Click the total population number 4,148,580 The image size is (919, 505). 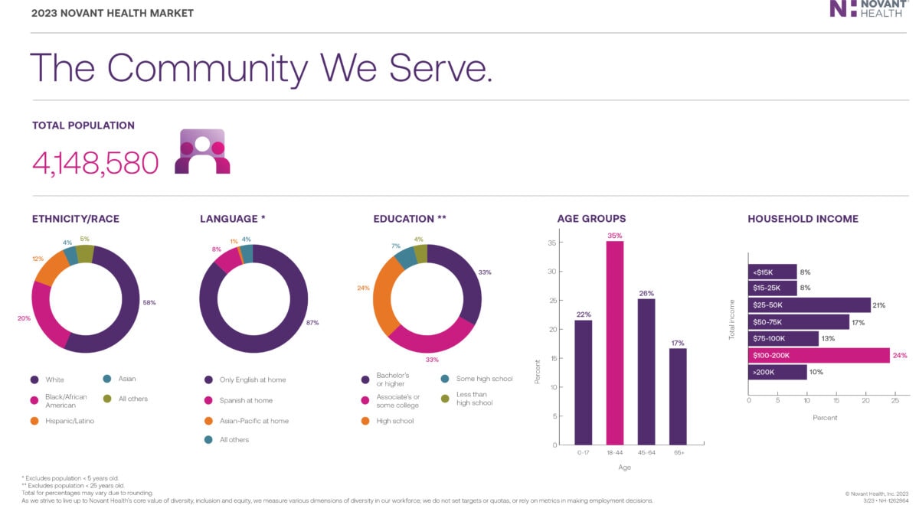click(x=96, y=162)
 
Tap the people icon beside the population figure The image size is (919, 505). click(x=202, y=151)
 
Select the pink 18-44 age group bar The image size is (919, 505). click(x=614, y=342)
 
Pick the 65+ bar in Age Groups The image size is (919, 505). click(x=677, y=396)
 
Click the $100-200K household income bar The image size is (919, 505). click(x=818, y=355)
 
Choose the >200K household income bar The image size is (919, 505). click(x=777, y=372)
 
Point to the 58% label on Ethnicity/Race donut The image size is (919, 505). click(x=149, y=302)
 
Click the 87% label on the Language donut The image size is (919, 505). click(x=312, y=323)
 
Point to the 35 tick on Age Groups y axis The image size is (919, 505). click(x=552, y=243)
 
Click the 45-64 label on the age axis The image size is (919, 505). click(x=646, y=453)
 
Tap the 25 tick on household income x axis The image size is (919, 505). click(x=894, y=399)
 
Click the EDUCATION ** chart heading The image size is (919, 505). click(x=410, y=219)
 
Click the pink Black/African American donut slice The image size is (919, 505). click(x=47, y=321)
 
